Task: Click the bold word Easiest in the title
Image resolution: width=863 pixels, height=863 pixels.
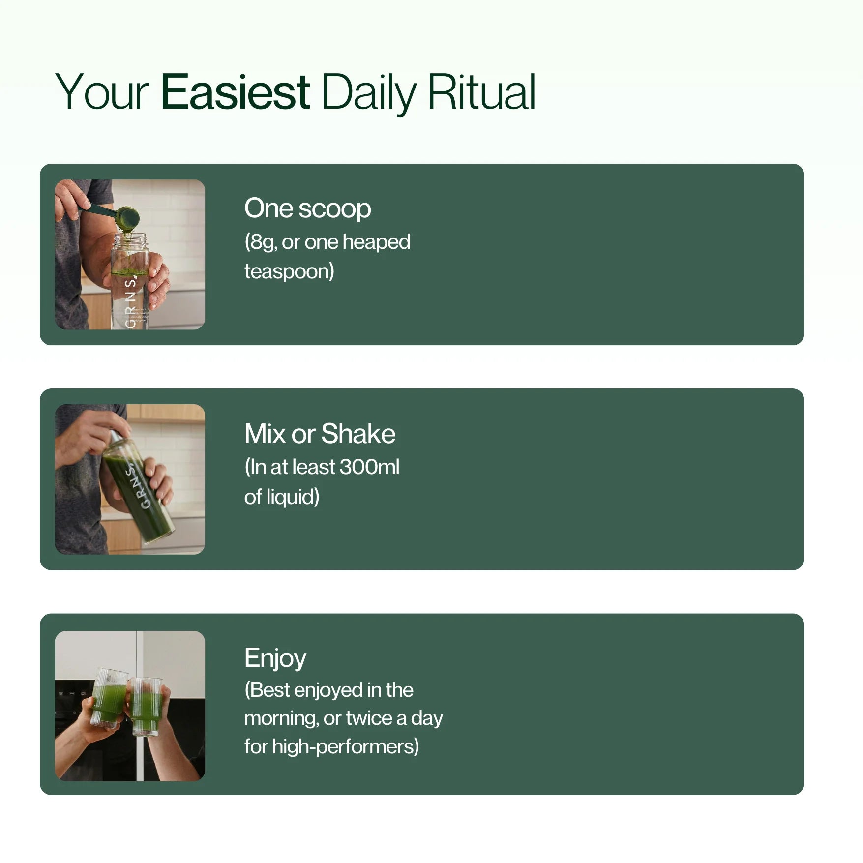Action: (x=235, y=91)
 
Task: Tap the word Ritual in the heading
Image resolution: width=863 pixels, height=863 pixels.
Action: (x=481, y=91)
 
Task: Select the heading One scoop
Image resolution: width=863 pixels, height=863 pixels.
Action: (x=307, y=209)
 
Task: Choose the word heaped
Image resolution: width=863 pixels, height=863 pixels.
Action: (x=376, y=242)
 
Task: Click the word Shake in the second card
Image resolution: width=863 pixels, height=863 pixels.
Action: (x=358, y=434)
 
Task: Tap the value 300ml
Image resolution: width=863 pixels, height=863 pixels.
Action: (x=369, y=467)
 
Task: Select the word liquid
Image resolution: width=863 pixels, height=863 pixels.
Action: (x=290, y=497)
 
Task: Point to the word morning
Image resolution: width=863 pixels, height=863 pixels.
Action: (x=280, y=719)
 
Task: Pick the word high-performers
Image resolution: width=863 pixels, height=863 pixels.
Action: (x=342, y=747)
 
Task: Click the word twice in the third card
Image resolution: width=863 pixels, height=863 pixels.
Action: (x=369, y=718)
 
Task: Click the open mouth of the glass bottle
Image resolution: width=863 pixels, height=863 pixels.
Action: (x=130, y=236)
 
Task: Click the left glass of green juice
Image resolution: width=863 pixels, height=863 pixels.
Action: (x=109, y=697)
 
